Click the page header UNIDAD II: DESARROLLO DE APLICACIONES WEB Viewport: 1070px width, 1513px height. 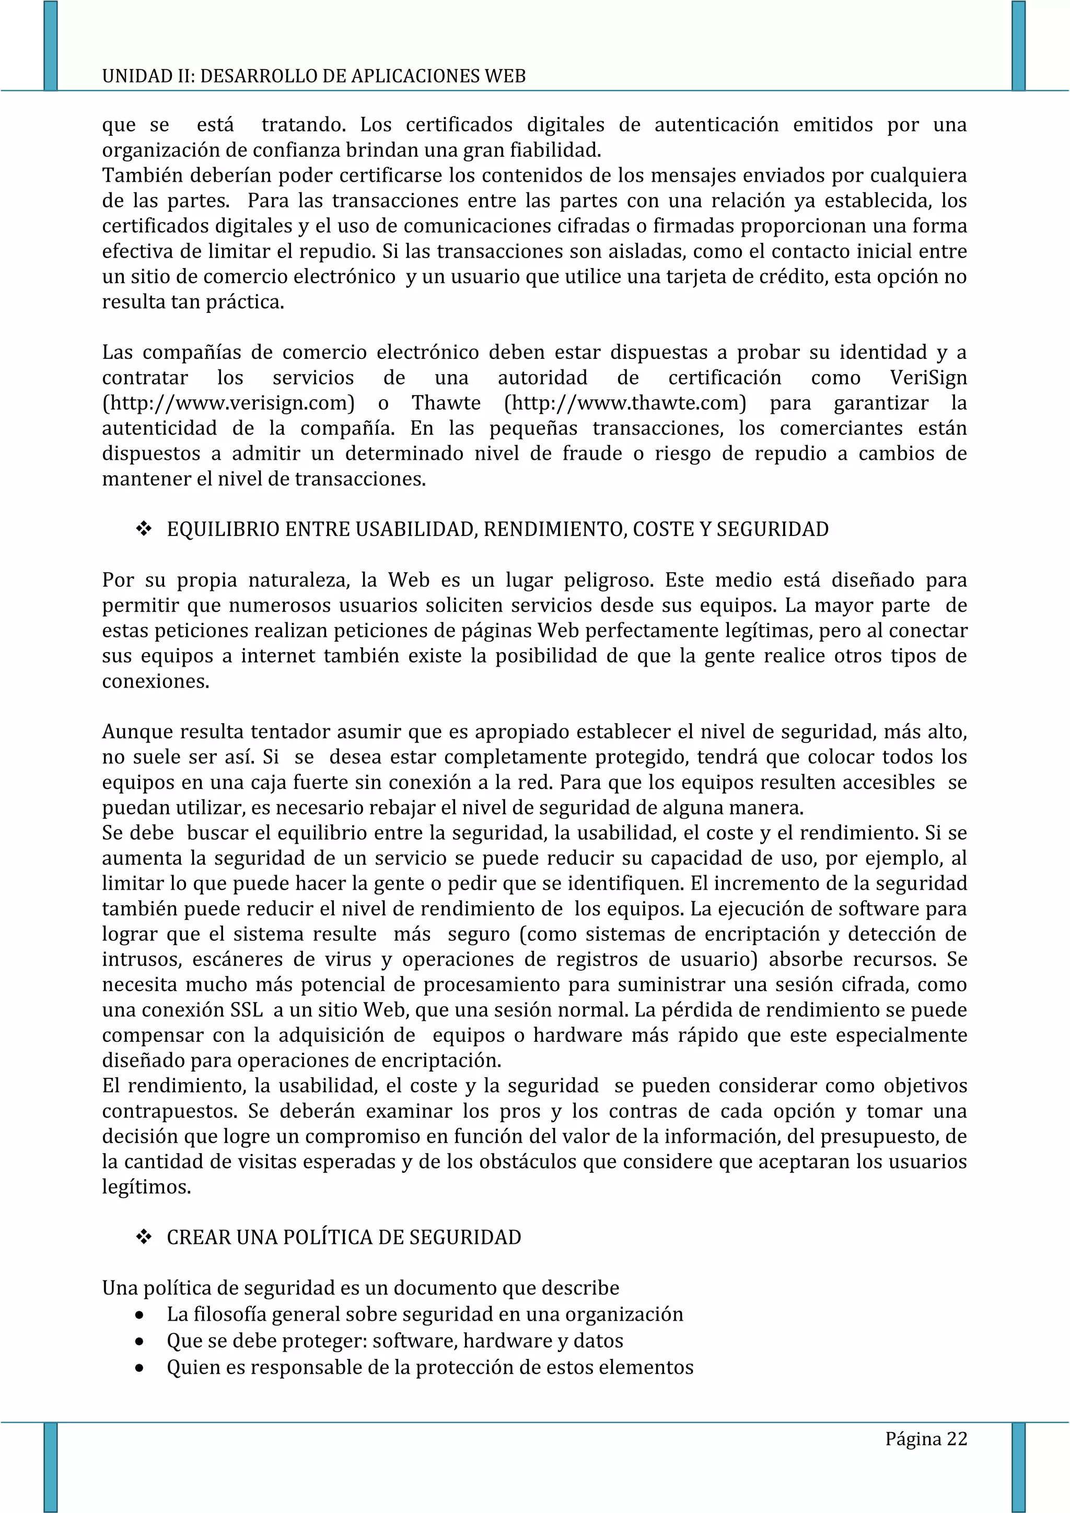click(x=313, y=76)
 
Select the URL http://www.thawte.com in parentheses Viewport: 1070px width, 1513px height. click(x=625, y=403)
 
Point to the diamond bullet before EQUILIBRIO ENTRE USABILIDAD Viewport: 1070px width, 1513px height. click(x=144, y=529)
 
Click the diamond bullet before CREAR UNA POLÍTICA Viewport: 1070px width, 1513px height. click(x=144, y=1238)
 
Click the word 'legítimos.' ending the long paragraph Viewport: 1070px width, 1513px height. click(x=146, y=1188)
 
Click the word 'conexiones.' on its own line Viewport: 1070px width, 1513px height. click(x=156, y=681)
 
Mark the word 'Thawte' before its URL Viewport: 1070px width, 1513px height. click(x=446, y=403)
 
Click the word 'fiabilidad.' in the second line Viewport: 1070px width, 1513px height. click(x=555, y=150)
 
